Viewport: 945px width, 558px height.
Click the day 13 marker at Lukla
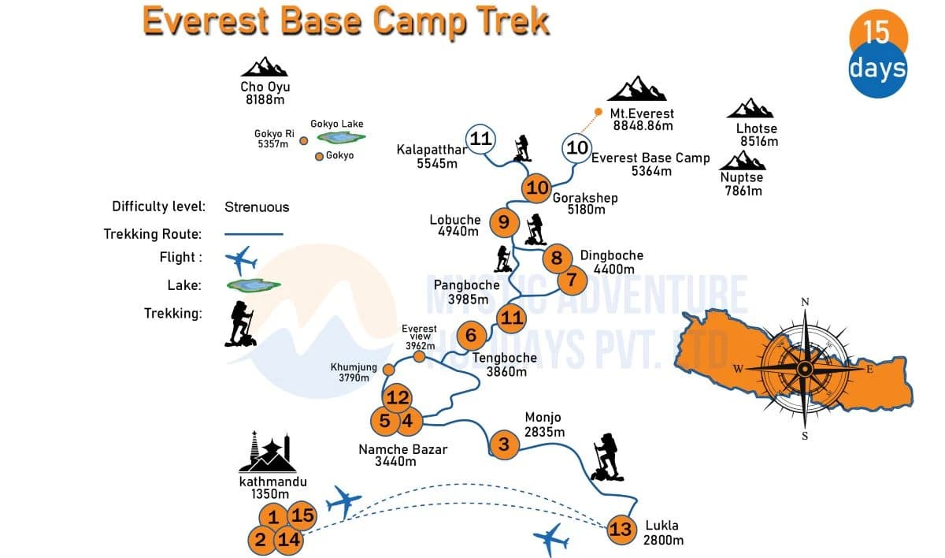click(621, 529)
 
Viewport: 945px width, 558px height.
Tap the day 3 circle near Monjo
click(504, 445)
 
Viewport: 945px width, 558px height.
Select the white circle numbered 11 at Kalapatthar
click(480, 139)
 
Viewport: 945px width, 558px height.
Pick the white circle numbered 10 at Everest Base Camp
click(577, 147)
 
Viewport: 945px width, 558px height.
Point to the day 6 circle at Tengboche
click(471, 336)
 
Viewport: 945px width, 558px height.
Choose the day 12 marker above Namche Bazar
click(398, 397)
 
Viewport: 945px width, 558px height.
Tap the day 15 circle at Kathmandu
click(302, 516)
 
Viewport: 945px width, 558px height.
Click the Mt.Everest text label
click(642, 113)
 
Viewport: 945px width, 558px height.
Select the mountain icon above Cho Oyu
click(265, 67)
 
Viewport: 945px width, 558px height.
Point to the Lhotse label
click(757, 128)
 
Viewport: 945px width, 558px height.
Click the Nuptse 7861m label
click(741, 184)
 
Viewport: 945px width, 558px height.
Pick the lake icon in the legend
click(254, 285)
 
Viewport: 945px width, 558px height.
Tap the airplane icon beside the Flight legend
click(241, 259)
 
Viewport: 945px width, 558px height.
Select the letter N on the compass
click(805, 302)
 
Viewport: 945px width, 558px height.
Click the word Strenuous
click(257, 207)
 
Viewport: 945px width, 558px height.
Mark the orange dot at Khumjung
click(387, 369)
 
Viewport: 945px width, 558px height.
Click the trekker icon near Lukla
click(606, 457)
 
